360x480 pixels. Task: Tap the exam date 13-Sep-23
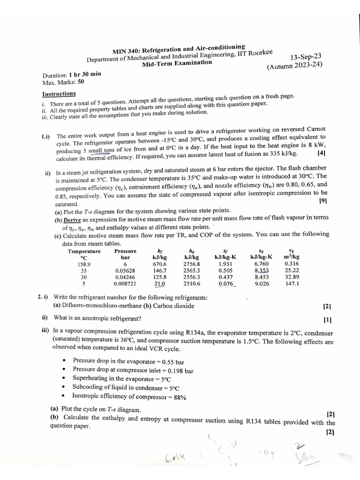coord(305,57)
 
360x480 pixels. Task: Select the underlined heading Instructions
coord(59,93)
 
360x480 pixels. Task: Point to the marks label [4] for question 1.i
coord(321,153)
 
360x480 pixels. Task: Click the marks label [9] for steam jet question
coord(322,201)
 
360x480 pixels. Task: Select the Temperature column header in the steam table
coord(84,251)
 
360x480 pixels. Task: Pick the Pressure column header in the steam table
coord(125,251)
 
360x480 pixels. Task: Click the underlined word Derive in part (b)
coord(72,220)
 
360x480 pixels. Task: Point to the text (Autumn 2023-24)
coord(295,66)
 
